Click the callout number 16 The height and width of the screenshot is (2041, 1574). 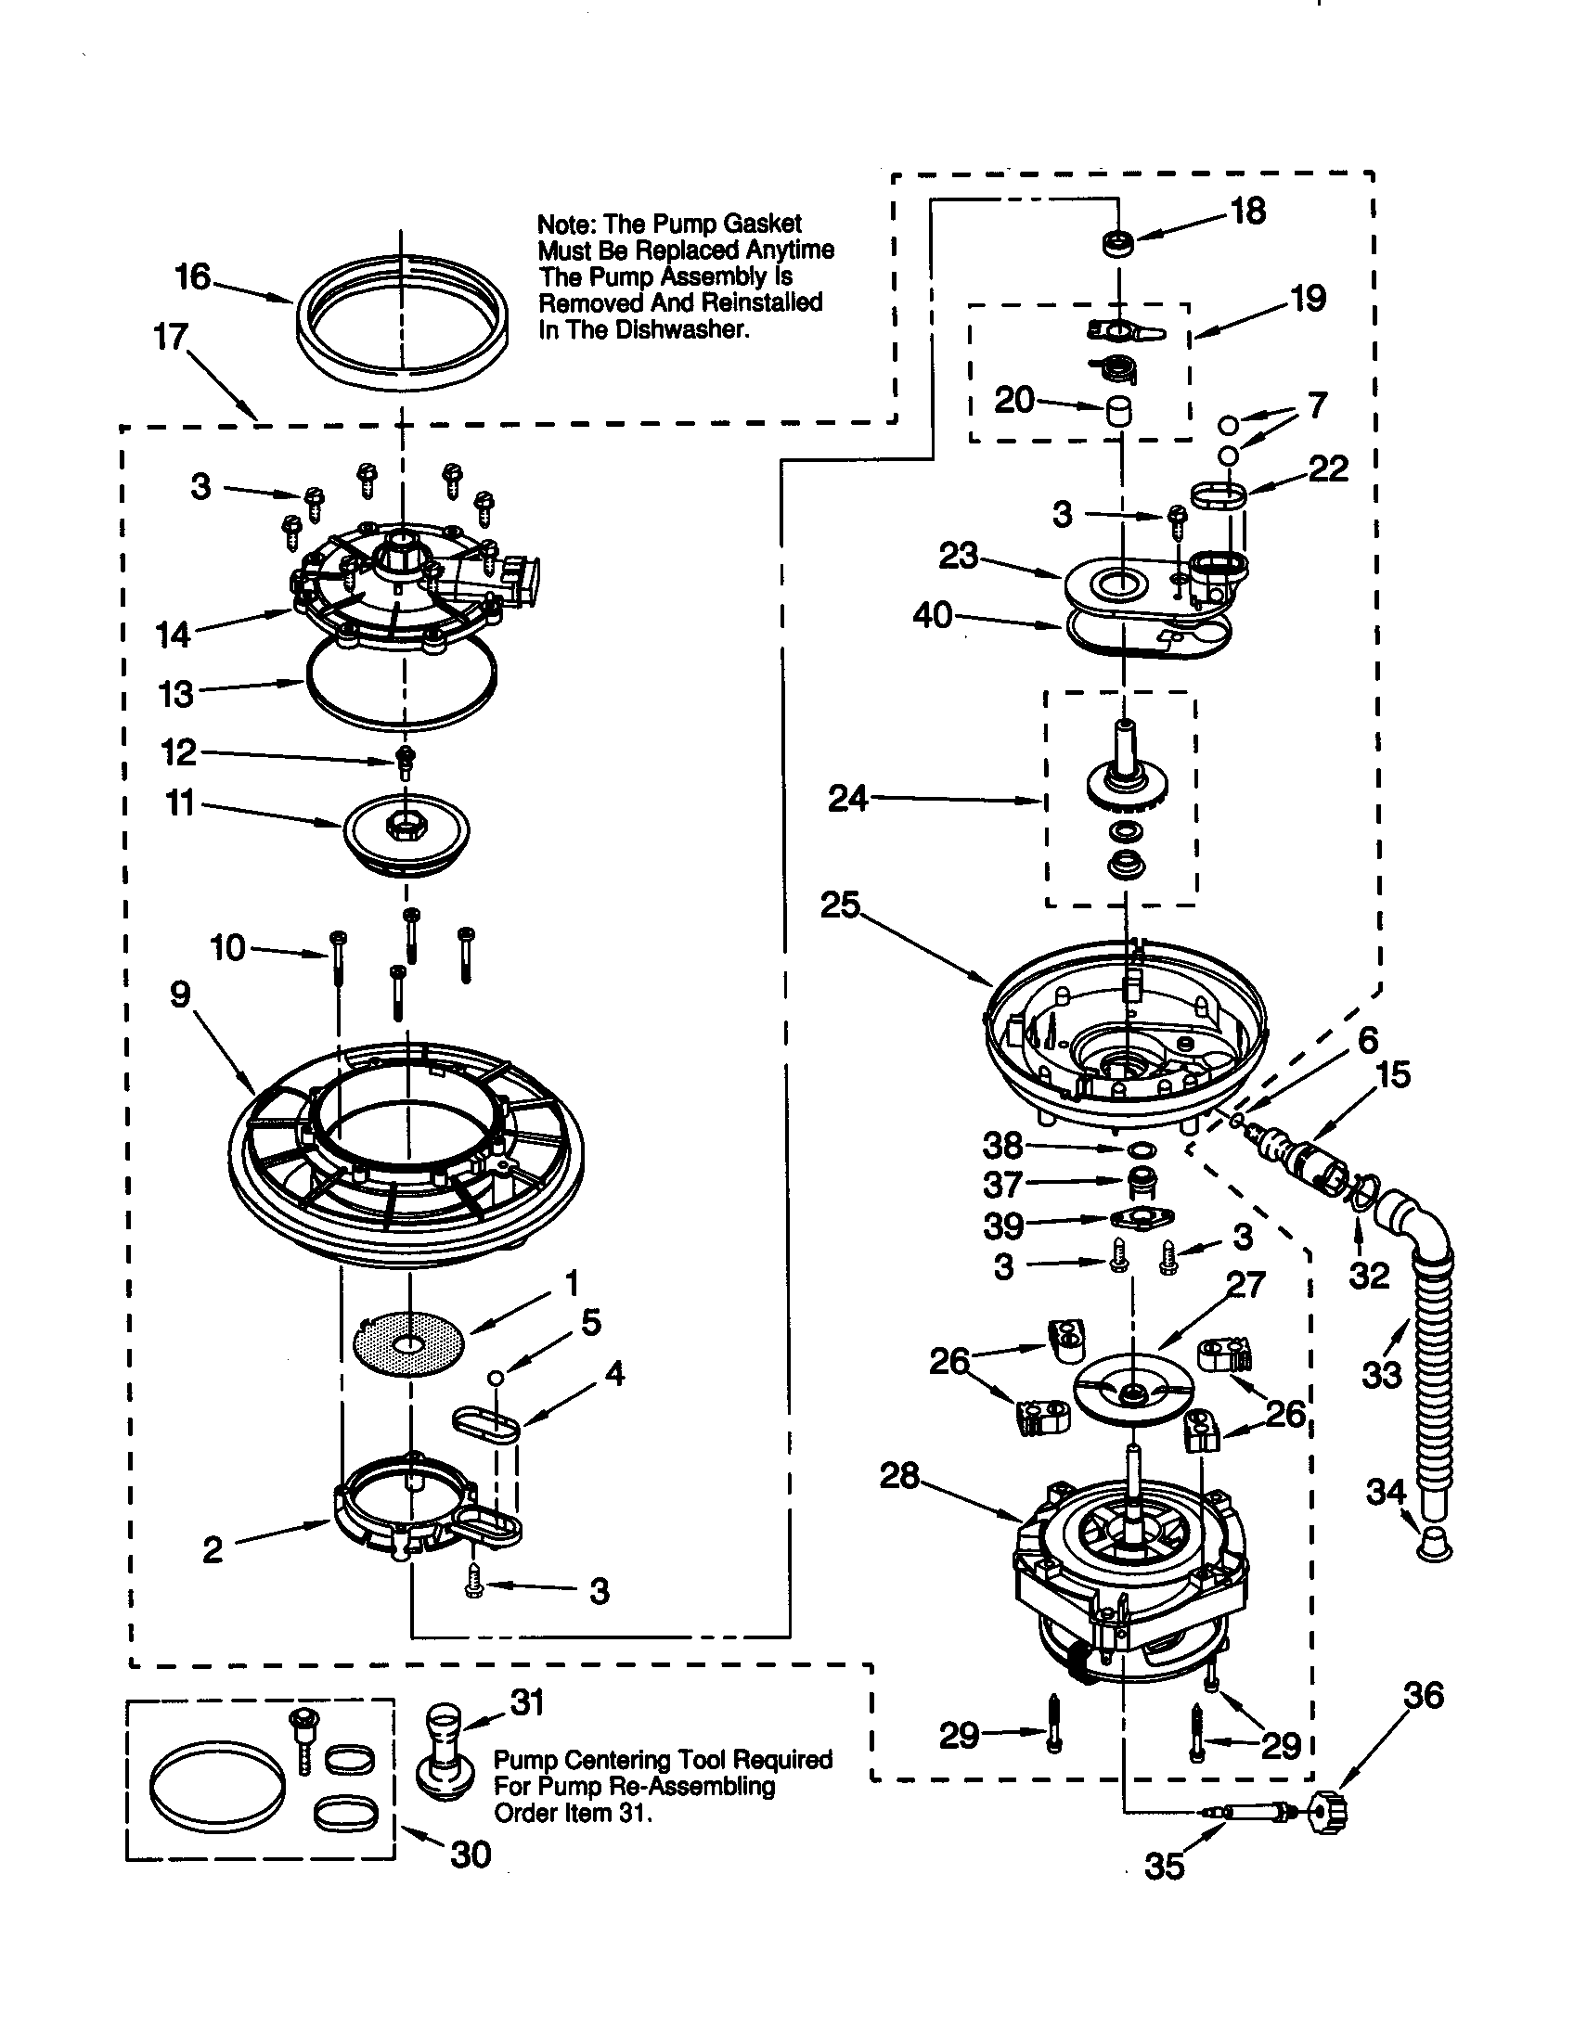click(x=193, y=276)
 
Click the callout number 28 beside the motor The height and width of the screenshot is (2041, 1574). click(x=899, y=1476)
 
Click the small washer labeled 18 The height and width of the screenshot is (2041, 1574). click(x=1117, y=246)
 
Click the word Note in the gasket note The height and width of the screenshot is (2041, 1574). click(x=566, y=225)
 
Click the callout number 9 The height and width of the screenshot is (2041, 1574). click(x=180, y=995)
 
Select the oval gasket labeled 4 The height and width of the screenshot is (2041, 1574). click(x=486, y=1426)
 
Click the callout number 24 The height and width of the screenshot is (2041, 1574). click(x=847, y=799)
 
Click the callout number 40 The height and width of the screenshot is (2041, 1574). click(x=932, y=615)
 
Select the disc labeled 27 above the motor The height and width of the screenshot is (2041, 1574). click(x=1134, y=1396)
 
